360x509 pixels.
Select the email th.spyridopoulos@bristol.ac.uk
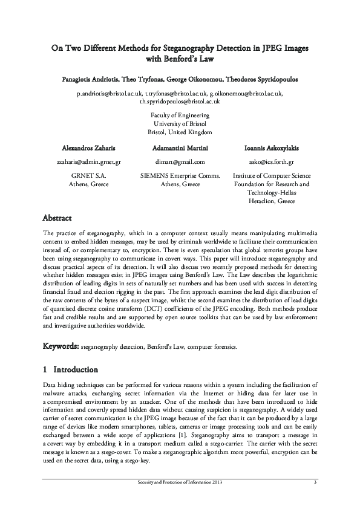click(x=180, y=102)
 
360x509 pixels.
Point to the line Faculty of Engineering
click(x=180, y=115)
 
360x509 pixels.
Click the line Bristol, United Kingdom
click(x=180, y=132)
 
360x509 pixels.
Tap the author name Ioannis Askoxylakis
click(x=271, y=148)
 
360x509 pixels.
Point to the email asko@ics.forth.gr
click(x=271, y=162)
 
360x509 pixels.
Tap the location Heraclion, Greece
click(x=271, y=201)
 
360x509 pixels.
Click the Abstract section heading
click(x=57, y=218)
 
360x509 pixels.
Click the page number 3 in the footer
click(x=315, y=482)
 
